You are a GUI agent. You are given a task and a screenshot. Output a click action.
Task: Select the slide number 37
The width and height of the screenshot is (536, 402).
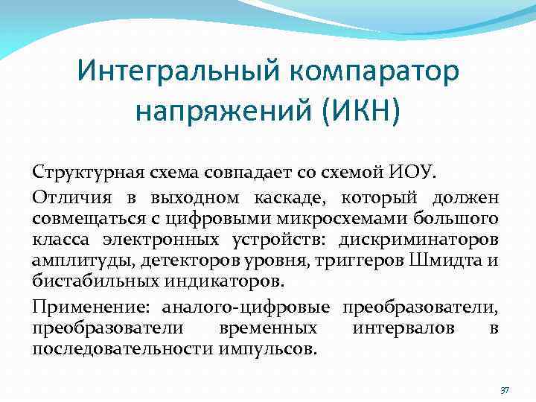[x=504, y=389]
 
